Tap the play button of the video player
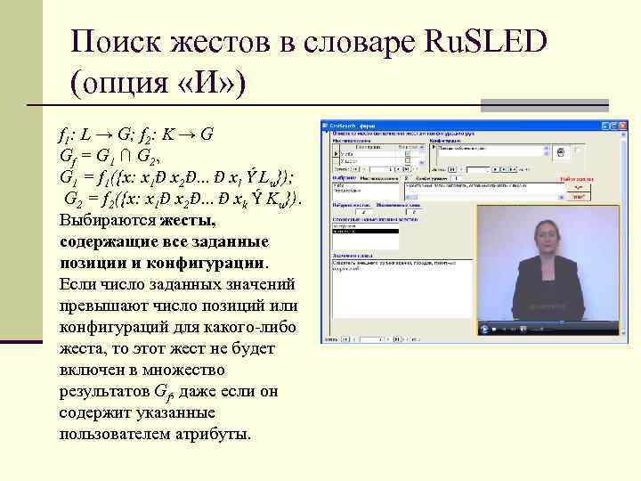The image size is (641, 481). point(484,329)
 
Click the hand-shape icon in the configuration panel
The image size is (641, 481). point(564,152)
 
